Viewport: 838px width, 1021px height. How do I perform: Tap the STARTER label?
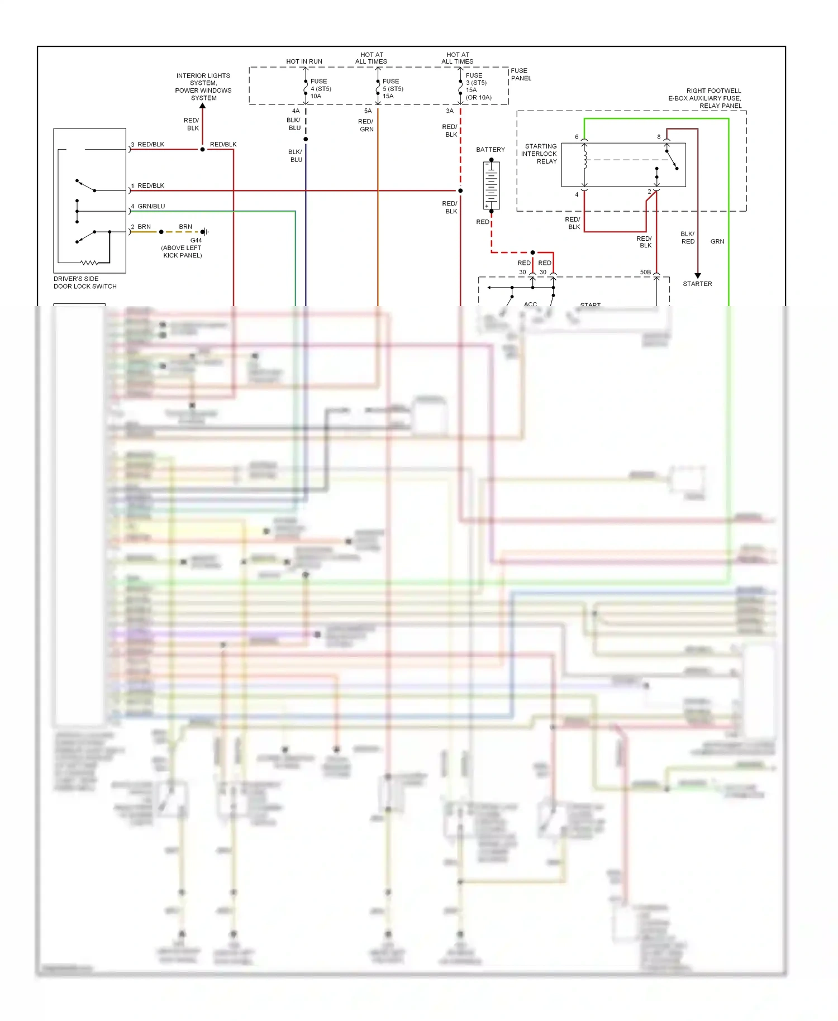tap(697, 284)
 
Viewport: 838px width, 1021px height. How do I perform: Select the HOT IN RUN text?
tap(304, 61)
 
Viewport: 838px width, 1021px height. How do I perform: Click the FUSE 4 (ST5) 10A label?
tap(321, 89)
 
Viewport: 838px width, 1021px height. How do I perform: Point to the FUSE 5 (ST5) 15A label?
tap(393, 89)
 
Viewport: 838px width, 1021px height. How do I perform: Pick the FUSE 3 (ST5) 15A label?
tap(478, 86)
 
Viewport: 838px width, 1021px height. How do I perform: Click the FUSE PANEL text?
tap(521, 74)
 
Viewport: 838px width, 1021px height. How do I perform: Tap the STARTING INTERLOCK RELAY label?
tap(540, 154)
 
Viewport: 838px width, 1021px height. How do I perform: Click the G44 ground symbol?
tap(204, 232)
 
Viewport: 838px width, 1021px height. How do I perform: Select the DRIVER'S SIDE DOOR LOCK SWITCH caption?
tap(85, 283)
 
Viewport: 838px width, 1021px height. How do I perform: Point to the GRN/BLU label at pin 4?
tap(151, 206)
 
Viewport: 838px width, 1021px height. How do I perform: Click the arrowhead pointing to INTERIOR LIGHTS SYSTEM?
tap(203, 107)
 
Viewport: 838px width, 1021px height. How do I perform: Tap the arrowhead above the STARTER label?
tap(697, 275)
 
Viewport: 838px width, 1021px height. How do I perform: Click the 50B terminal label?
tap(645, 273)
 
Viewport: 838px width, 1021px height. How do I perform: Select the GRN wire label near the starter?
tap(717, 241)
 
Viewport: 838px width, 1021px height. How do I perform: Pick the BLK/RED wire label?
tap(688, 238)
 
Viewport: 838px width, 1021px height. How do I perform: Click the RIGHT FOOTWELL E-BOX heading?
tap(706, 98)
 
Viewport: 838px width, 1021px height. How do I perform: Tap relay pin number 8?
tap(659, 137)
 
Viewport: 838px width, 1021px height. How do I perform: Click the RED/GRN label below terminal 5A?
tap(366, 125)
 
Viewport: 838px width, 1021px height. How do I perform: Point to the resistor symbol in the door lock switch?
tap(89, 263)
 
